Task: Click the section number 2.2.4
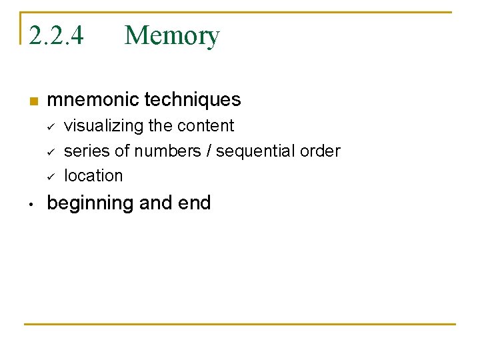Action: pyautogui.click(x=56, y=35)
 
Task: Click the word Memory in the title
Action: pyautogui.click(x=171, y=35)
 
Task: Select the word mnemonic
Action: pyautogui.click(x=93, y=100)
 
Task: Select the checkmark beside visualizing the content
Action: pyautogui.click(x=50, y=127)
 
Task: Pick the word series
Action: pyautogui.click(x=86, y=151)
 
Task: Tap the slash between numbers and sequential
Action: pyautogui.click(x=210, y=151)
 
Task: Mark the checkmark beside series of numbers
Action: pyautogui.click(x=50, y=152)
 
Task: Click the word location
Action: pyautogui.click(x=93, y=176)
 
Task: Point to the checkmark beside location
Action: pyautogui.click(x=50, y=177)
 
